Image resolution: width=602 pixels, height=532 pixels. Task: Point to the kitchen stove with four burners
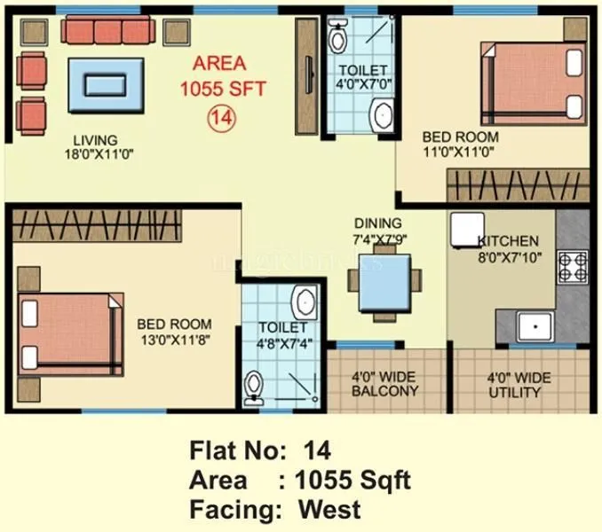571,264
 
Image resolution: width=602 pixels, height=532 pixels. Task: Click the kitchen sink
535,325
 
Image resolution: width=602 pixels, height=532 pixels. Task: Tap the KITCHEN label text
508,240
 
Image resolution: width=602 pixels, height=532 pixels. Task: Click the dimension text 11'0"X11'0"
459,153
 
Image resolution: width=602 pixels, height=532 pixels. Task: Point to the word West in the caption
329,509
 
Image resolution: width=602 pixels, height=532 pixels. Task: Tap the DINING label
377,223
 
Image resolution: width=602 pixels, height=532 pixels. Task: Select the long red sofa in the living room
110,31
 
